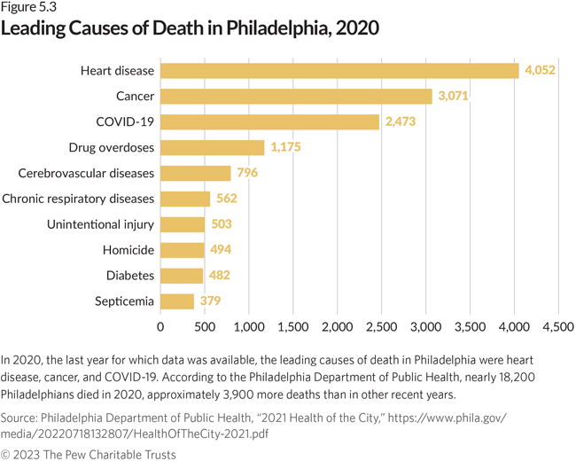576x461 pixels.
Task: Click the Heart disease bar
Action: pos(339,70)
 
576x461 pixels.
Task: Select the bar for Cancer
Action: pos(296,96)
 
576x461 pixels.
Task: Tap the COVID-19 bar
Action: pos(269,121)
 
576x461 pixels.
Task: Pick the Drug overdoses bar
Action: pos(212,147)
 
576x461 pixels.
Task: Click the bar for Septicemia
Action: pos(177,301)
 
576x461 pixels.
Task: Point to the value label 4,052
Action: pos(540,70)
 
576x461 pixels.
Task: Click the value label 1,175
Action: pos(284,147)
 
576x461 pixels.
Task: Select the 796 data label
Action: pos(247,173)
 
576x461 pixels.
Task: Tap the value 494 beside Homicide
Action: pos(222,250)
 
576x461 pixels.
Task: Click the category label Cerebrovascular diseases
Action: pos(86,173)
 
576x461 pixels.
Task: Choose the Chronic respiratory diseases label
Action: pos(78,199)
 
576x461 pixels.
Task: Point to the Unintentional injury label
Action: pos(100,224)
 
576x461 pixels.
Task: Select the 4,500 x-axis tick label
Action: pos(557,327)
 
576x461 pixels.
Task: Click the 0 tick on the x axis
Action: pos(160,327)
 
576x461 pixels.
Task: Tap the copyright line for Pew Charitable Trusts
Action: pos(89,454)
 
